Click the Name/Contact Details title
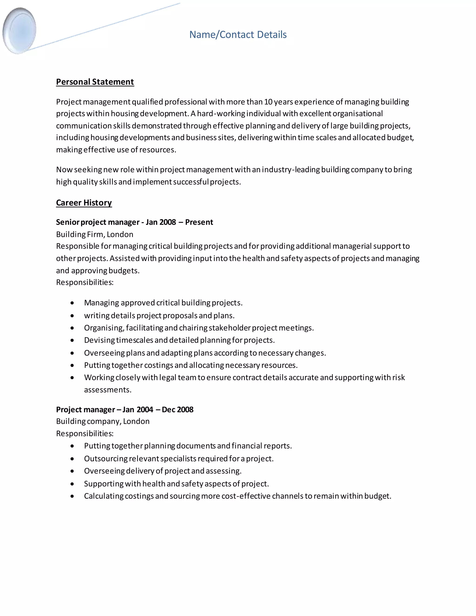(238, 35)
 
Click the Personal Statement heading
(95, 82)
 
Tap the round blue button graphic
(20, 30)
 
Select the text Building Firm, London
(94, 234)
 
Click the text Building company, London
(103, 421)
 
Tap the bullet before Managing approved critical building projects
(73, 303)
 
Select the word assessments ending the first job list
(107, 390)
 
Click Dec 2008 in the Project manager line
(178, 410)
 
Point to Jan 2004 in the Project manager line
(138, 410)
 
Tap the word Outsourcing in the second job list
(106, 459)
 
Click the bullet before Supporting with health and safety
(73, 484)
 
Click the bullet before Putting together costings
(73, 366)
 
